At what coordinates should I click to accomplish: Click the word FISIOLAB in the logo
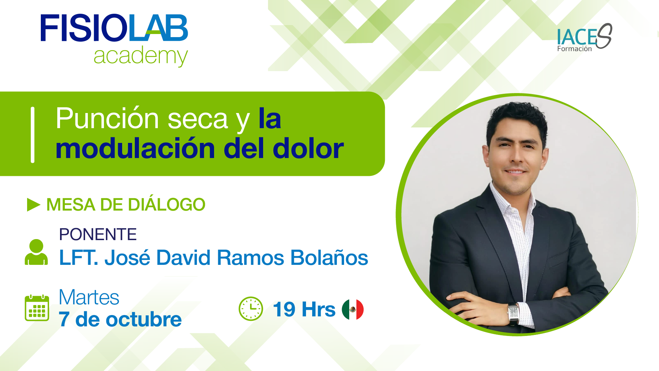click(x=114, y=28)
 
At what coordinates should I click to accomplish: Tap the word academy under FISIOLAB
click(x=141, y=56)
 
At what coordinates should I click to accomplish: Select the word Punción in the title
click(x=107, y=119)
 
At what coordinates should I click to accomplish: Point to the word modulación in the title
click(x=135, y=149)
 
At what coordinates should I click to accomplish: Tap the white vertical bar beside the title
click(x=33, y=135)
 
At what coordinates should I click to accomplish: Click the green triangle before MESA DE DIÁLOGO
click(x=34, y=205)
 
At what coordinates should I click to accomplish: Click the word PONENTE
click(x=98, y=235)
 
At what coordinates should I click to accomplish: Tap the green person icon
click(x=36, y=252)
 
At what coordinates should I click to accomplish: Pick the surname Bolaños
click(x=329, y=258)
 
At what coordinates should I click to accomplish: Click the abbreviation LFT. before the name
click(x=79, y=258)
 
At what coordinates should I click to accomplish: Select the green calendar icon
click(x=37, y=308)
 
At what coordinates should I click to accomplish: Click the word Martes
click(x=89, y=297)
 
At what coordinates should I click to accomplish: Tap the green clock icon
click(x=251, y=309)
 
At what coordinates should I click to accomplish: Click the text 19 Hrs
click(x=304, y=309)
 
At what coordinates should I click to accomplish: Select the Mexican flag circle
click(x=353, y=309)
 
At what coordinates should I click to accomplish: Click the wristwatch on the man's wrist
click(x=514, y=313)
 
